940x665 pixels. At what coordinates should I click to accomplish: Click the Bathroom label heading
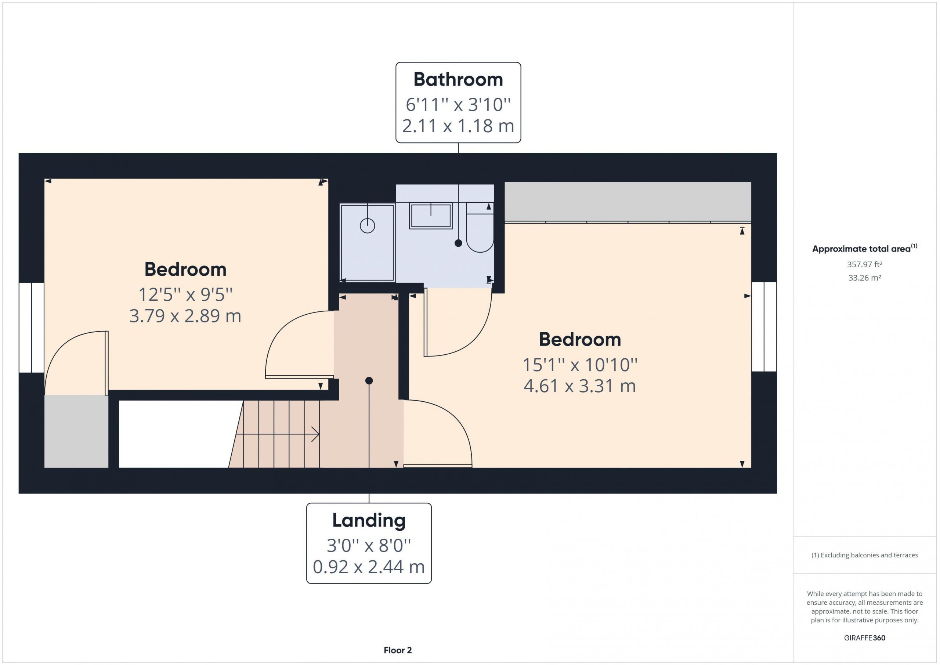pos(458,79)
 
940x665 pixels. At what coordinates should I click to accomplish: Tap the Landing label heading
pos(369,521)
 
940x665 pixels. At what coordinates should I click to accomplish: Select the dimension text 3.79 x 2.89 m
pos(185,316)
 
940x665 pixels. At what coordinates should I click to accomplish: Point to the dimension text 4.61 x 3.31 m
pos(580,386)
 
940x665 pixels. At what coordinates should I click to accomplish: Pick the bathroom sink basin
pos(431,216)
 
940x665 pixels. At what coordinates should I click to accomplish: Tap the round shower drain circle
pos(367,225)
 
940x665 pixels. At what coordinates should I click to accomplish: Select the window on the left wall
pos(32,328)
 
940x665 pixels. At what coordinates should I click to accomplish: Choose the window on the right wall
pos(764,327)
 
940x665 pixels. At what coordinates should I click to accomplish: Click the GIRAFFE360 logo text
pos(865,637)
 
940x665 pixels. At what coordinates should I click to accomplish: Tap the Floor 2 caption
pos(398,650)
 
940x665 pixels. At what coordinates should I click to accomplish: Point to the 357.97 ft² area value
pos(865,264)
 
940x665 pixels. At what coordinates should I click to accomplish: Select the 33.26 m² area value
pos(865,278)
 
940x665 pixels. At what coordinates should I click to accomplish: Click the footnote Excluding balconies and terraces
pos(865,555)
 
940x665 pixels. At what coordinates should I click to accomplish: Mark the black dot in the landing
pos(369,381)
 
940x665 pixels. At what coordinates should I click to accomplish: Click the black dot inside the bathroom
pos(459,243)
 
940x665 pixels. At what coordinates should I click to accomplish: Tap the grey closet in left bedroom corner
pos(76,431)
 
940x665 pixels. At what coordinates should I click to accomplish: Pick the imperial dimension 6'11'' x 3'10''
pos(458,104)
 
